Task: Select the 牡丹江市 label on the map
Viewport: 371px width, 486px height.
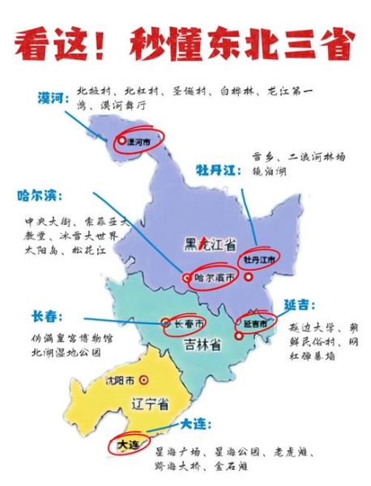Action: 260,260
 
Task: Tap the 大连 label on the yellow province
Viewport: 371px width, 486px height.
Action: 128,445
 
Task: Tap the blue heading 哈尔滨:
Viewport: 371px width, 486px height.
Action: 40,197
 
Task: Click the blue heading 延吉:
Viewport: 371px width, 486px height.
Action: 299,305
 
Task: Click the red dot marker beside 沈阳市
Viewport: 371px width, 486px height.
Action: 143,379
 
